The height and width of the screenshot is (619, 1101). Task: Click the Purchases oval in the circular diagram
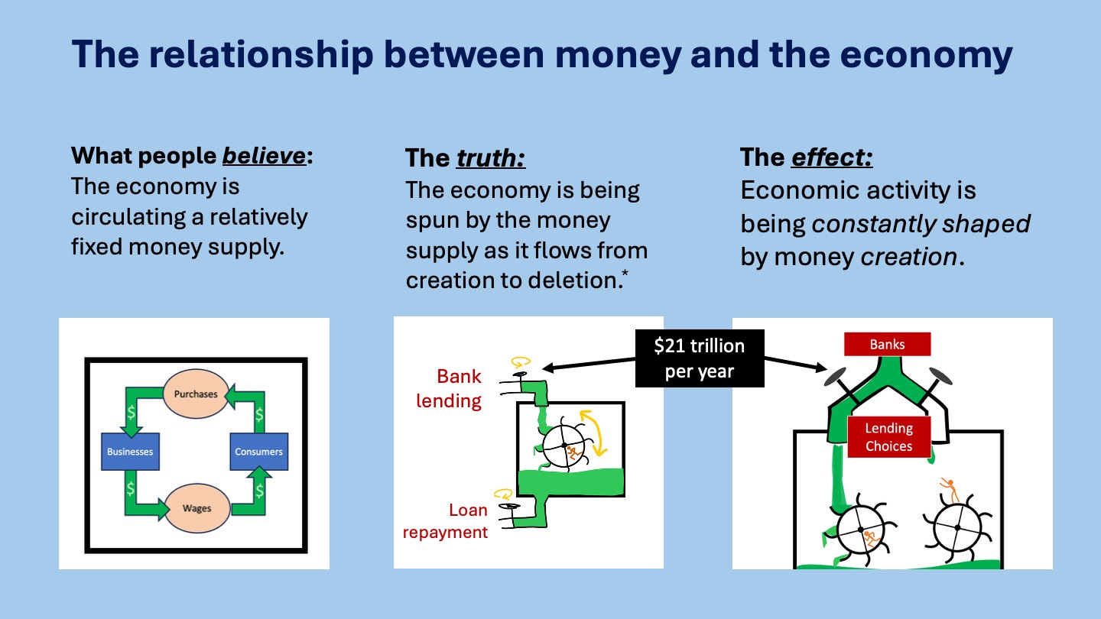196,394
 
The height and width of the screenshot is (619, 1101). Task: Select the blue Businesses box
130,452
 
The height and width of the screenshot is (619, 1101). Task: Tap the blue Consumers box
258,452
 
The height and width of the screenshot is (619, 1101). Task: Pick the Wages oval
196,508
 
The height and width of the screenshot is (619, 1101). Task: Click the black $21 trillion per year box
699,358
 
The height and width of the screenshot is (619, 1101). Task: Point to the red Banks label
887,345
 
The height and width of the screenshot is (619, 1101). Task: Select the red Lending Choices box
888,437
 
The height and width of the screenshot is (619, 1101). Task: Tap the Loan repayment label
446,521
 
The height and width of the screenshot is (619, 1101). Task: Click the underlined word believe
264,156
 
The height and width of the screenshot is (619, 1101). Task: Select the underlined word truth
491,158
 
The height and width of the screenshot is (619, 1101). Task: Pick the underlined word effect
832,158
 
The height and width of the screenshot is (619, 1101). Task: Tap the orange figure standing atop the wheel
949,488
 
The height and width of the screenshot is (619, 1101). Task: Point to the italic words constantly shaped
921,224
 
